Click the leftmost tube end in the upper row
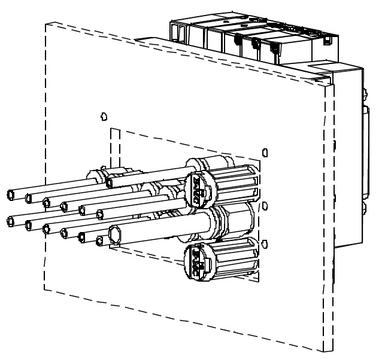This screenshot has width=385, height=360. (11, 194)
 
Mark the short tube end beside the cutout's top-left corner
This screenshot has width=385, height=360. (110, 181)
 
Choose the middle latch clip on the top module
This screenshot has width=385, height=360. (256, 42)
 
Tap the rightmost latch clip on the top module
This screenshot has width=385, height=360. (274, 46)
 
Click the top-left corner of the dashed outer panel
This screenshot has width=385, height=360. (46, 23)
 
